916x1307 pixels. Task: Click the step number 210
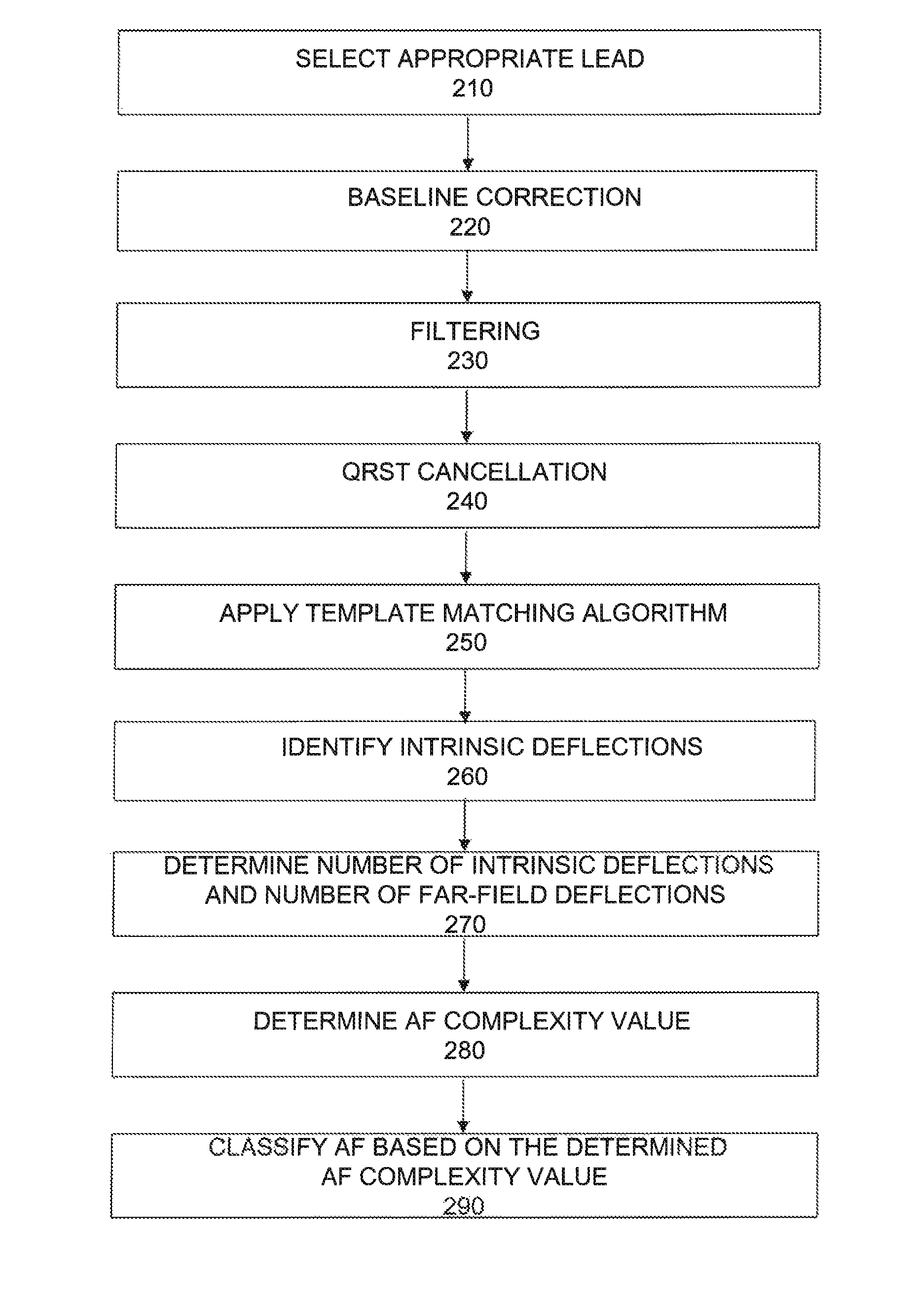coord(472,89)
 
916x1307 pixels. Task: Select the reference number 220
coord(470,227)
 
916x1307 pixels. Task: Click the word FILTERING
coord(475,331)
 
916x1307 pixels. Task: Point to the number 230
coord(468,361)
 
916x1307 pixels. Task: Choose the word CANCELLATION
coord(512,472)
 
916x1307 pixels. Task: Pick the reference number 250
coord(466,643)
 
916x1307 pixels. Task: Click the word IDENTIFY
coord(336,747)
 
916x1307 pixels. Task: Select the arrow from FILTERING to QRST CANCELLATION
coord(467,415)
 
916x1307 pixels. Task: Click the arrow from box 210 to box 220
coord(468,142)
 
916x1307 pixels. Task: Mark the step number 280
coord(464,1050)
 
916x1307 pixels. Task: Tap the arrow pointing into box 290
coord(463,1104)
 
